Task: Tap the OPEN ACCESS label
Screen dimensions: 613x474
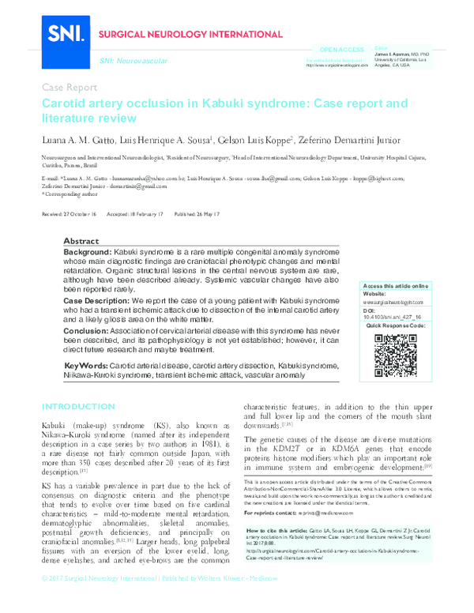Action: [x=341, y=48]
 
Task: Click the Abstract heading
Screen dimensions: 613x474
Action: [x=81, y=241]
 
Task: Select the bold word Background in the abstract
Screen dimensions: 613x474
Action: [x=88, y=251]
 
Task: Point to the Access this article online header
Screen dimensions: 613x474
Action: [x=395, y=286]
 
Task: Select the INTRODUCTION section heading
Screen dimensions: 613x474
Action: [x=82, y=406]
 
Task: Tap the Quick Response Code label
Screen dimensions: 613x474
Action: [x=395, y=325]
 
